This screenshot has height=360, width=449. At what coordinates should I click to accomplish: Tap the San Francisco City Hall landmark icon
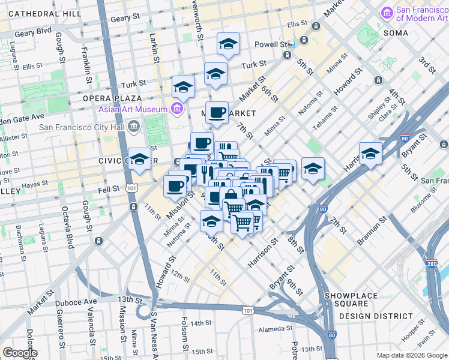pyautogui.click(x=133, y=126)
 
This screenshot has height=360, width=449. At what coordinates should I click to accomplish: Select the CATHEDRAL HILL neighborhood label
pyautogui.click(x=41, y=13)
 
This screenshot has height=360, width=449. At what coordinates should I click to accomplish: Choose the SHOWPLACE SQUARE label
pyautogui.click(x=351, y=296)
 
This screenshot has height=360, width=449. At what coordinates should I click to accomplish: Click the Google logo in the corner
pyautogui.click(x=19, y=352)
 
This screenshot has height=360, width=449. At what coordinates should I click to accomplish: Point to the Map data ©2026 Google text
pyautogui.click(x=411, y=355)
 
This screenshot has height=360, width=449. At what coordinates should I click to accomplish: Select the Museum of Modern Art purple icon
pyautogui.click(x=387, y=12)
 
